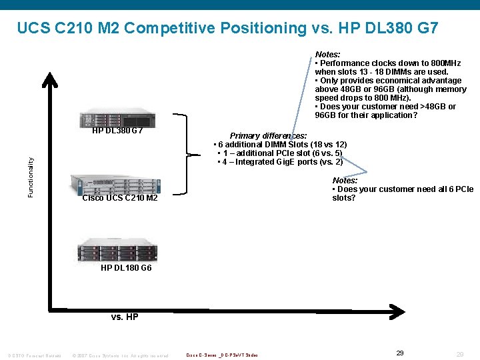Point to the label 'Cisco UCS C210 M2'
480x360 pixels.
[x=120, y=198]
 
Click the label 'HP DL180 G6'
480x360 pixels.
[x=126, y=268]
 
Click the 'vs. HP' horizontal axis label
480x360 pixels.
[x=125, y=317]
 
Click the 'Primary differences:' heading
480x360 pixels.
[x=268, y=136]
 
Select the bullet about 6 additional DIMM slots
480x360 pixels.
[x=280, y=145]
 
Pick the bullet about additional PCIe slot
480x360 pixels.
[x=280, y=153]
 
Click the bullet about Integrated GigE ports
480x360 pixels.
[x=280, y=162]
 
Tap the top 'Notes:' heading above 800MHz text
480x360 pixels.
[x=327, y=55]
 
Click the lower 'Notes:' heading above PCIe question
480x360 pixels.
[x=345, y=181]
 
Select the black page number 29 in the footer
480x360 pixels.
[x=400, y=353]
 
